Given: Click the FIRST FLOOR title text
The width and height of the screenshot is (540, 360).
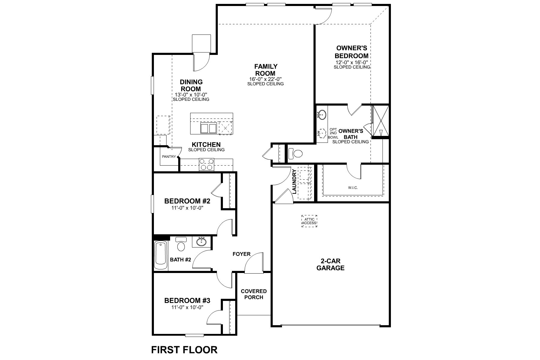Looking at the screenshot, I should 184,349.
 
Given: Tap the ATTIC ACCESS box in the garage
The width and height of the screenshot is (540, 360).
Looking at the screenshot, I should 309,221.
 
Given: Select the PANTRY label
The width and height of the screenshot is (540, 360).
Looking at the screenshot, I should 169,157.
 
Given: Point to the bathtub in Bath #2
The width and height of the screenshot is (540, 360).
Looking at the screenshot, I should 161,255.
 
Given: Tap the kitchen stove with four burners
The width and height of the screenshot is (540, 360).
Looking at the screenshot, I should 206,165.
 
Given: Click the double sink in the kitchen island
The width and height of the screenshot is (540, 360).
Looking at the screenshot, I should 208,128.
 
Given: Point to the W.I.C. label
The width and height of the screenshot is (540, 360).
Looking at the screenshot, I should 353,188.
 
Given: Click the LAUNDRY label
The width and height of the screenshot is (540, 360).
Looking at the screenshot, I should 294,181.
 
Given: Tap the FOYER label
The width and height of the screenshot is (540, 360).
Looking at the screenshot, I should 241,254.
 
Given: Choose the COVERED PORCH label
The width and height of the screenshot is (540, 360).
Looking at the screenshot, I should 254,294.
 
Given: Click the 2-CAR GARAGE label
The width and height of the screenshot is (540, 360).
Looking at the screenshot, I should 331,265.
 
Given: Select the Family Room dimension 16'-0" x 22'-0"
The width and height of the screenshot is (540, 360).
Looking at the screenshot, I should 265,79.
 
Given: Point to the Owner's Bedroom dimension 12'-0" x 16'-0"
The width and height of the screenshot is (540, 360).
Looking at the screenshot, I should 352,62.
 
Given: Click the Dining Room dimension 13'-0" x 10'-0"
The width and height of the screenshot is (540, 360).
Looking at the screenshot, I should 191,94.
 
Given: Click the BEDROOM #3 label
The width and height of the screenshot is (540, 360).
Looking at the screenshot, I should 187,300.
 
